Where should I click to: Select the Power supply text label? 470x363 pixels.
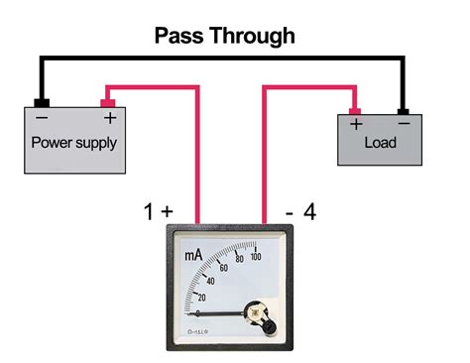[74, 142]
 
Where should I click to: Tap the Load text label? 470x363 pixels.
[380, 143]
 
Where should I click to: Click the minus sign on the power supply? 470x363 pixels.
[42, 118]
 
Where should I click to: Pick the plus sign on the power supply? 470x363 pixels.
[109, 118]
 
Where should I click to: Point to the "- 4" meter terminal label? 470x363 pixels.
[300, 210]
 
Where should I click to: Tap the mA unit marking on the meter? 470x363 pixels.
[193, 256]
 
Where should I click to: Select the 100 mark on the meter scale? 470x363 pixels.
[255, 257]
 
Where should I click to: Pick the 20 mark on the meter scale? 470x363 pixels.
[202, 298]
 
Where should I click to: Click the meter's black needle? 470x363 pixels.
[223, 314]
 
